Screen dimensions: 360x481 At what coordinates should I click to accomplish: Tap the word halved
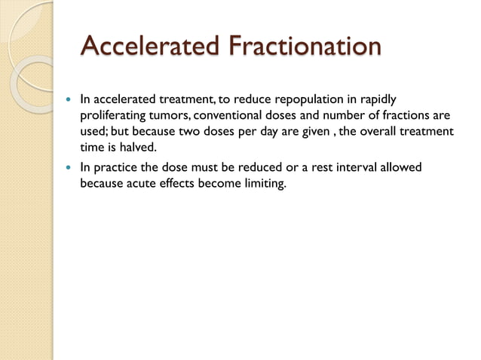[x=137, y=148]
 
